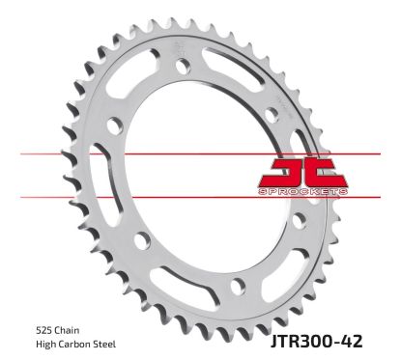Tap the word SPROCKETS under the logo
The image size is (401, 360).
(x=303, y=193)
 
